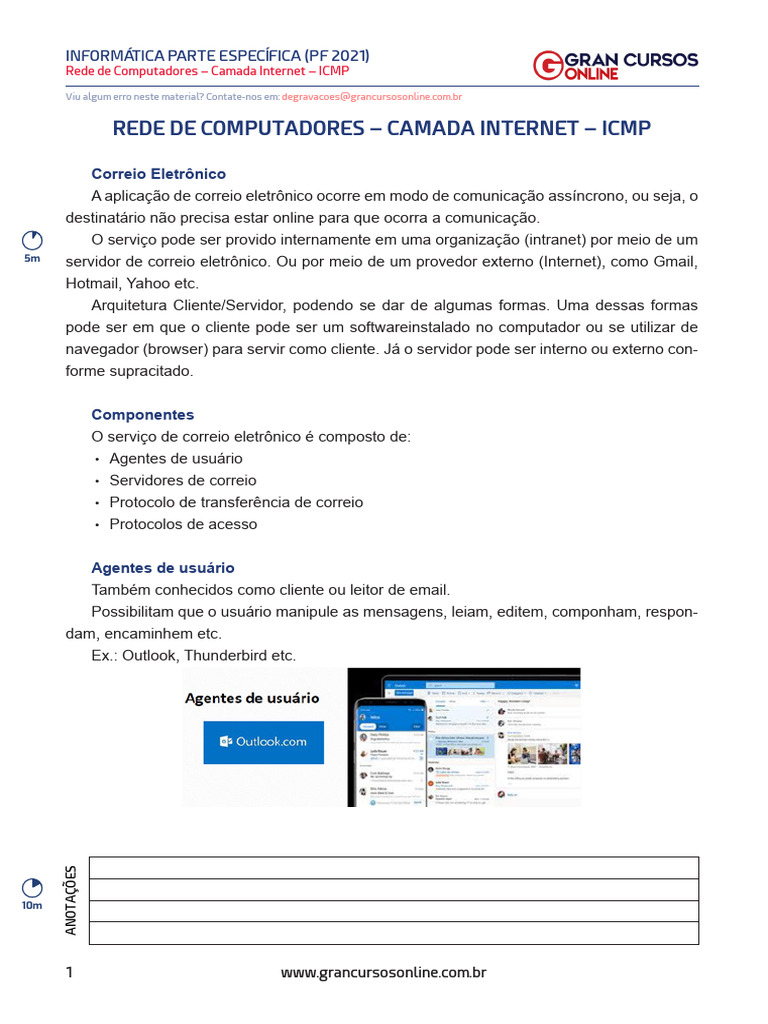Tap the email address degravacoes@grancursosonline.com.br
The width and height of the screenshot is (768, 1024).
pos(371,97)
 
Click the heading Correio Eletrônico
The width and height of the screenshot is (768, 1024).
pos(159,174)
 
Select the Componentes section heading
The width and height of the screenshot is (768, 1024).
pos(143,414)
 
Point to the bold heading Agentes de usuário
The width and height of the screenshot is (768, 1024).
pos(163,567)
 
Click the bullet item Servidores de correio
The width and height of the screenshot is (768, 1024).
pos(183,480)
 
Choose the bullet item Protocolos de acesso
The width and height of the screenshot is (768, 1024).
pos(183,524)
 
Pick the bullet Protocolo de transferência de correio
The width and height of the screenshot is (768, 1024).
pos(236,502)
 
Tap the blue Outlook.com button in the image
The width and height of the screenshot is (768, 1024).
pos(263,742)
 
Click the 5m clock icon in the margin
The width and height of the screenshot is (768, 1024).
pos(33,241)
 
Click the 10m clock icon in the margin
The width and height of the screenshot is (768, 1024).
pos(33,888)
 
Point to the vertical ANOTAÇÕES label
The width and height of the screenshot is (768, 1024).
pos(71,900)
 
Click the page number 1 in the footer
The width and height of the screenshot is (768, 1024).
pos(69,972)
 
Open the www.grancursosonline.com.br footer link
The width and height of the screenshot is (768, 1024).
pos(383,972)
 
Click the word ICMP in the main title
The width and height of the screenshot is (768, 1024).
pos(627,128)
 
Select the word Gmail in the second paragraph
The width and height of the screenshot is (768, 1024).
pos(675,262)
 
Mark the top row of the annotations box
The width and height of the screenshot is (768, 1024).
pos(394,867)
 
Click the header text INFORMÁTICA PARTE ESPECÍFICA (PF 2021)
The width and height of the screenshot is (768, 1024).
pos(217,55)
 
